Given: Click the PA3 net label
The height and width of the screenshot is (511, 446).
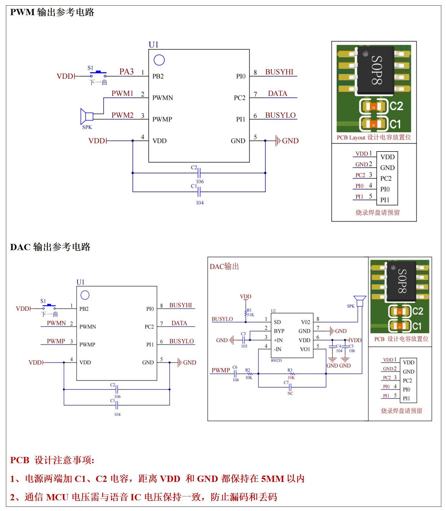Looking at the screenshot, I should click(126, 72).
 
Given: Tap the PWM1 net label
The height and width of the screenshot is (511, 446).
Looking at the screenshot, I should click(122, 93).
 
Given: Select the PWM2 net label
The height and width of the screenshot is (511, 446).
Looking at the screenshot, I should click(122, 115).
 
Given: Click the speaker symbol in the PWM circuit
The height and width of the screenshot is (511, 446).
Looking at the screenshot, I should click(86, 116).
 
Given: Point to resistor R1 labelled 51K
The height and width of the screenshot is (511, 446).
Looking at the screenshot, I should click(246, 312).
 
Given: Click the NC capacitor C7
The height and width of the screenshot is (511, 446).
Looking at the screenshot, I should click(290, 387).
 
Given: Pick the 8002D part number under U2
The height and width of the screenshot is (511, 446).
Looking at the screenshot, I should click(276, 360).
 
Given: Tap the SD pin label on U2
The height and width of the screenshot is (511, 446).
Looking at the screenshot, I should click(277, 322).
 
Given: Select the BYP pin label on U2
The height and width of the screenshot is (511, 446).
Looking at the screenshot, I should click(279, 331).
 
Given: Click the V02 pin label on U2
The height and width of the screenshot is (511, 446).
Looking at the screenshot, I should click(305, 322).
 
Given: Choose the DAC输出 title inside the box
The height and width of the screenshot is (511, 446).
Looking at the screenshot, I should click(224, 266).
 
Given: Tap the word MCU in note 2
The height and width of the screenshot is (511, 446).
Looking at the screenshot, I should click(57, 497).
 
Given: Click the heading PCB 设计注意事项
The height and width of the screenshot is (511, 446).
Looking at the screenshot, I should click(52, 460).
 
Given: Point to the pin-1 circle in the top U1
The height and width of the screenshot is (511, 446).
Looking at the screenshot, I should click(159, 60).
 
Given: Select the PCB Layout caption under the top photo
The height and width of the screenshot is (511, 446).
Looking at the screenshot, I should click(374, 137).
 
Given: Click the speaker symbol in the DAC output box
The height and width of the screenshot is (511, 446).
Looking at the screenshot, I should click(360, 301).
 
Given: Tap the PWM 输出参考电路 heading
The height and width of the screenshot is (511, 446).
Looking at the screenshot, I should click(52, 12).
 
